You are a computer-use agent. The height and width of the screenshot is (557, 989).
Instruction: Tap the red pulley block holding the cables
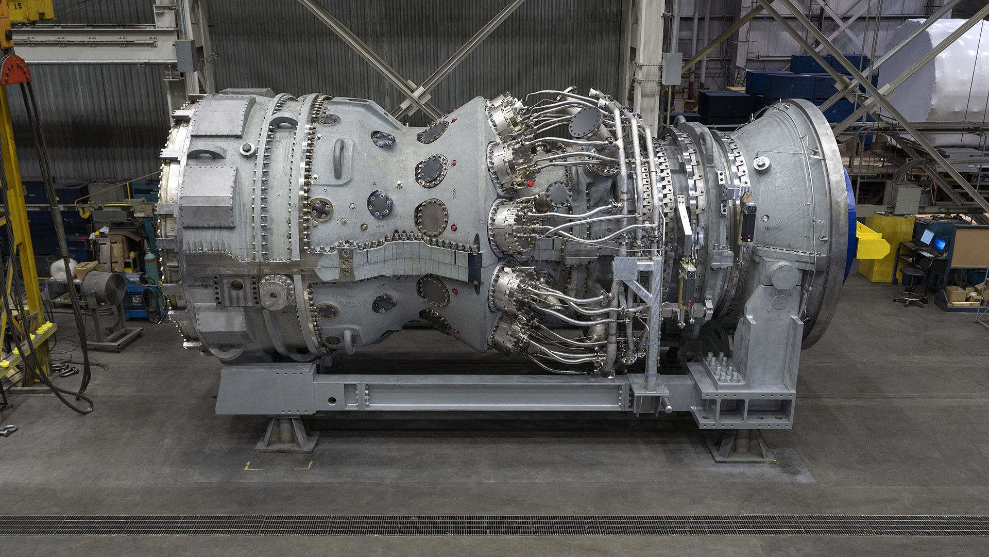point(15,71)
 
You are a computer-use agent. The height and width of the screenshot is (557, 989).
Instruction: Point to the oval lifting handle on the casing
point(339,153)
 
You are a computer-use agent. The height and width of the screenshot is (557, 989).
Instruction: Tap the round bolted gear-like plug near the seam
point(277,291)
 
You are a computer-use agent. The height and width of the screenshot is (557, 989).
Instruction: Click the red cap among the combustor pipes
point(530,183)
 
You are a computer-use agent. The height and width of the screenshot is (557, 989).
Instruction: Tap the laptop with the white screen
point(927,237)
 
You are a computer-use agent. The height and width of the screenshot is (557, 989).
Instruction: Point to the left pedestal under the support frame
point(287,434)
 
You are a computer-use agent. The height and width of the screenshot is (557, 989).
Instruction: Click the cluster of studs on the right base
point(724,367)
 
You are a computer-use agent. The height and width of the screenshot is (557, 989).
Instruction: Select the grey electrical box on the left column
point(185,56)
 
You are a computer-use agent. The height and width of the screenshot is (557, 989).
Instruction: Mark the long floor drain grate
point(494,525)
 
